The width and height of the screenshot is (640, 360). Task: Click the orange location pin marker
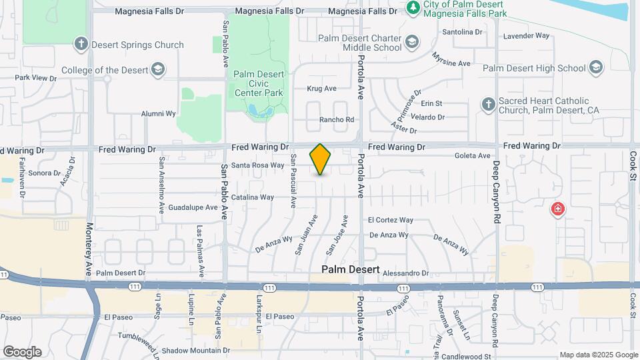[x=321, y=159]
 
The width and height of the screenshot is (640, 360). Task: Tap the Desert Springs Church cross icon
[x=81, y=45]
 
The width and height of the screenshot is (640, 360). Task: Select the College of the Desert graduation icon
[x=157, y=69]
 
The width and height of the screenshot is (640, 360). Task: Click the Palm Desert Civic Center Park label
[x=259, y=83]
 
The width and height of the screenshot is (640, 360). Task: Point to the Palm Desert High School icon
[x=595, y=67]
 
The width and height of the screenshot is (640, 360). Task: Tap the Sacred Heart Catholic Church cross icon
[x=489, y=105]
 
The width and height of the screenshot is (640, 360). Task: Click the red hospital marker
[x=557, y=210]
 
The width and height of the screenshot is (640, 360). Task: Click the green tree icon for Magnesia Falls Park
[x=413, y=8]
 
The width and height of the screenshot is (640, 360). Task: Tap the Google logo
[x=22, y=351]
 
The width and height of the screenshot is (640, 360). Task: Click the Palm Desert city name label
[x=351, y=270]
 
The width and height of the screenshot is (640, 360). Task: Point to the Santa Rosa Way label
[x=258, y=165]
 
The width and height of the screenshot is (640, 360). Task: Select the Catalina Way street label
[x=253, y=197]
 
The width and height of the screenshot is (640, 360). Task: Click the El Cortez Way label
[x=391, y=220]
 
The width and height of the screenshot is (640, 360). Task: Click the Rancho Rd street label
[x=337, y=120]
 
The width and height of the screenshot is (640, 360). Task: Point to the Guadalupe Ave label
[x=193, y=207]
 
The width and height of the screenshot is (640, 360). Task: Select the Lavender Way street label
[x=526, y=35]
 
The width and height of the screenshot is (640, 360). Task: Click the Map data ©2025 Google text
[x=598, y=355]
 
